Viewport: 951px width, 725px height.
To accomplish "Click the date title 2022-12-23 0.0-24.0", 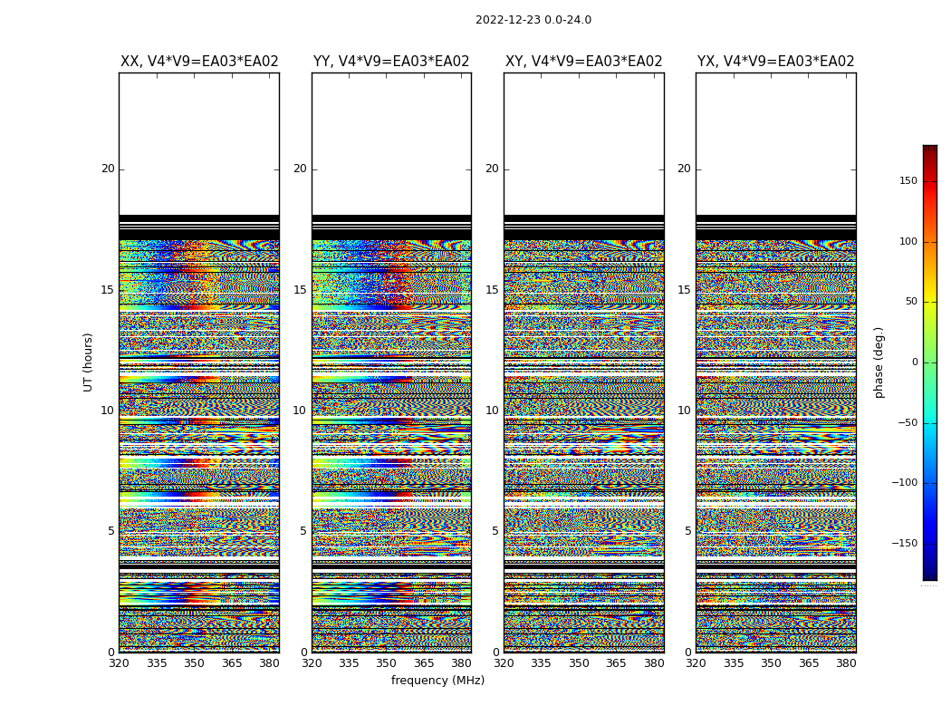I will pyautogui.click(x=533, y=20).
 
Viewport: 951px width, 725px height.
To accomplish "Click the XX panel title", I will pyautogui.click(x=199, y=62).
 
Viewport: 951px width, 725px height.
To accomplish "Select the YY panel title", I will pyautogui.click(x=391, y=62).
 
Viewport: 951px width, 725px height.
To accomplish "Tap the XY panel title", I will pyautogui.click(x=583, y=62).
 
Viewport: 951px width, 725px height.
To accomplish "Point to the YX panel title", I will pyautogui.click(x=775, y=62).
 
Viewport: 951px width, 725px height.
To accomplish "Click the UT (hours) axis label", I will pyautogui.click(x=89, y=362).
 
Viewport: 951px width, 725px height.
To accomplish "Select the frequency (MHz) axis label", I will pyautogui.click(x=437, y=681).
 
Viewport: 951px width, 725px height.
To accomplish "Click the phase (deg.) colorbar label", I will pyautogui.click(x=879, y=362).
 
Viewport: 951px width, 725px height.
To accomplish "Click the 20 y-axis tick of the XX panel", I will pyautogui.click(x=108, y=169).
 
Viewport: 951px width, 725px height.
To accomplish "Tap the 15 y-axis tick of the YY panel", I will pyautogui.click(x=300, y=290).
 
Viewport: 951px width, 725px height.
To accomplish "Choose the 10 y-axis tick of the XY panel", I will pyautogui.click(x=492, y=411).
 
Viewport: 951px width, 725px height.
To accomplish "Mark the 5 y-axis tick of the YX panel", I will pyautogui.click(x=687, y=531).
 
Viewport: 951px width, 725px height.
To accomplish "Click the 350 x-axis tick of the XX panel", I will pyautogui.click(x=194, y=663).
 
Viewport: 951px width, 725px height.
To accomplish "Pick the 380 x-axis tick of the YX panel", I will pyautogui.click(x=846, y=663).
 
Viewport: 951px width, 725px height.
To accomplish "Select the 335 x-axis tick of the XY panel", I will pyautogui.click(x=542, y=663).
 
